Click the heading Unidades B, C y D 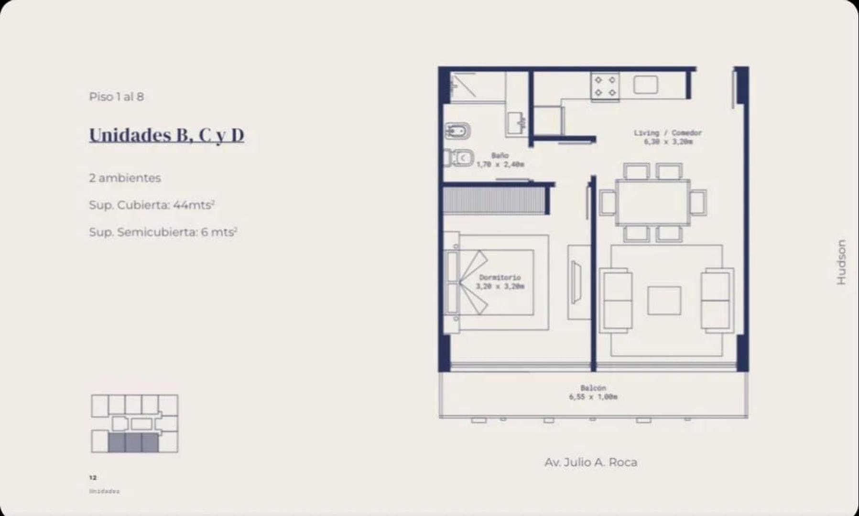[166, 135]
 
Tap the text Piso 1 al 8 [116, 97]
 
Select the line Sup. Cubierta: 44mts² [152, 205]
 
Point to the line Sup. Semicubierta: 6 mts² [163, 232]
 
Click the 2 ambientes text [125, 178]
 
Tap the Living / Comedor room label [668, 137]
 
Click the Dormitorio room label [500, 281]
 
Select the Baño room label [500, 160]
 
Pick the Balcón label [593, 392]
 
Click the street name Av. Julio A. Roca [591, 462]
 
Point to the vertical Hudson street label [841, 262]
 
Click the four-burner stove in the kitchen [605, 86]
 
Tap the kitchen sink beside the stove [646, 85]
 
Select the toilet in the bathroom [459, 158]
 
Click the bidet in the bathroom [458, 130]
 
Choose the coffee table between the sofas [664, 301]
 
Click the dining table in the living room [652, 202]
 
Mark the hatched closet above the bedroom [494, 200]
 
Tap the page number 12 [93, 477]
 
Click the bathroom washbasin [516, 123]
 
